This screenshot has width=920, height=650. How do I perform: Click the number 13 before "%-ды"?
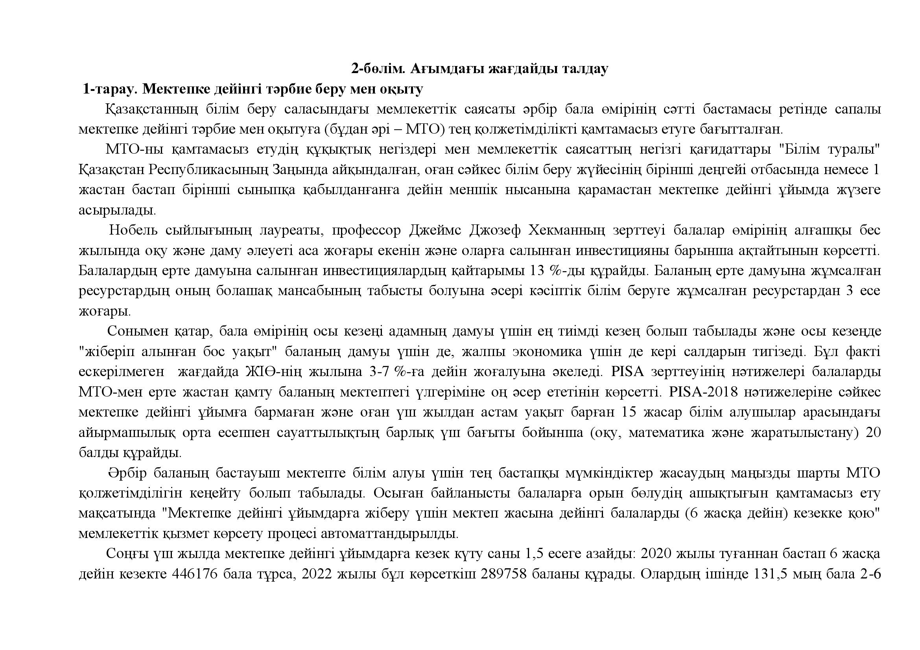pos(537,271)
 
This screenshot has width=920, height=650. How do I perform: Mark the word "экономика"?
pos(547,352)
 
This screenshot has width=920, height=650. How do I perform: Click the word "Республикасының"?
pos(209,170)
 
